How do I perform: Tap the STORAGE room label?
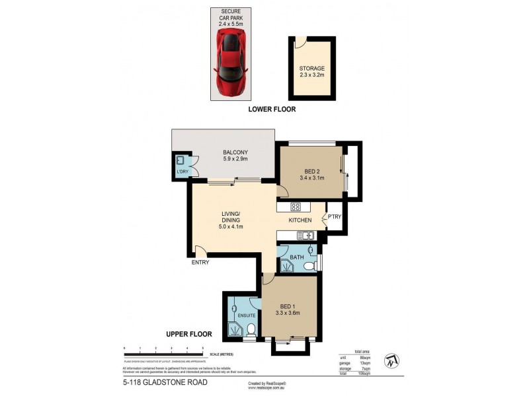tap(311, 68)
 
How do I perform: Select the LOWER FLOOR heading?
tap(271, 110)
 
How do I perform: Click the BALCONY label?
tap(235, 152)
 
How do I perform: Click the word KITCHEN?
tap(300, 220)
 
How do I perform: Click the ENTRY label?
tap(200, 263)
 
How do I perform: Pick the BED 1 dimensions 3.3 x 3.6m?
tap(288, 313)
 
